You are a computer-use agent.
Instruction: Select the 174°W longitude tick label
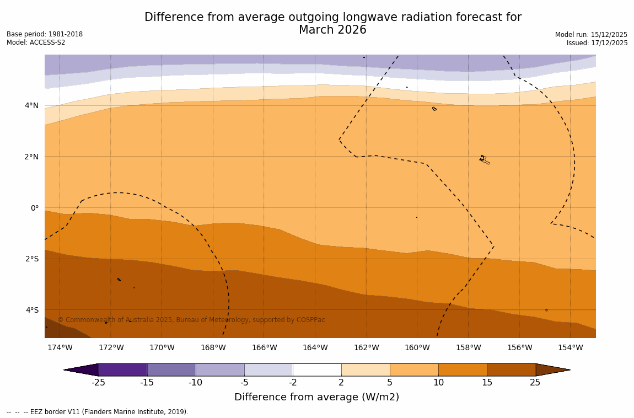point(60,347)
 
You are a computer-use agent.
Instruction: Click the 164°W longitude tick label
point(315,347)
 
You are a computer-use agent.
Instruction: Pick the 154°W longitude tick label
point(570,347)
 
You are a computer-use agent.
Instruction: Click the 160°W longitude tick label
point(417,347)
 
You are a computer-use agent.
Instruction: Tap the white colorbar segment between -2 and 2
point(317,369)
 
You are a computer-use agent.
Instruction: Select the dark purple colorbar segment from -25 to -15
point(122,369)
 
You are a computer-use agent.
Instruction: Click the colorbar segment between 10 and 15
point(463,369)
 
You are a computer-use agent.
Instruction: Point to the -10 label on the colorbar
point(195,383)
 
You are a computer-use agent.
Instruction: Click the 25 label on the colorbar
point(535,383)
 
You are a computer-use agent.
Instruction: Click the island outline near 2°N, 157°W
point(483,159)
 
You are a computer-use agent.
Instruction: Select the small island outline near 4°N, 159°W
point(434,109)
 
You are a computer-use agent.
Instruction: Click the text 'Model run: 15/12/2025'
point(591,35)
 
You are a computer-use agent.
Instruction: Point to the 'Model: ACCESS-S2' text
point(36,42)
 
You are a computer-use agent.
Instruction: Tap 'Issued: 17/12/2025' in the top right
point(597,43)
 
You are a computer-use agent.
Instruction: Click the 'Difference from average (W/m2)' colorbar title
point(316,397)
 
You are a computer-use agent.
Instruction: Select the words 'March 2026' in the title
point(332,30)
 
